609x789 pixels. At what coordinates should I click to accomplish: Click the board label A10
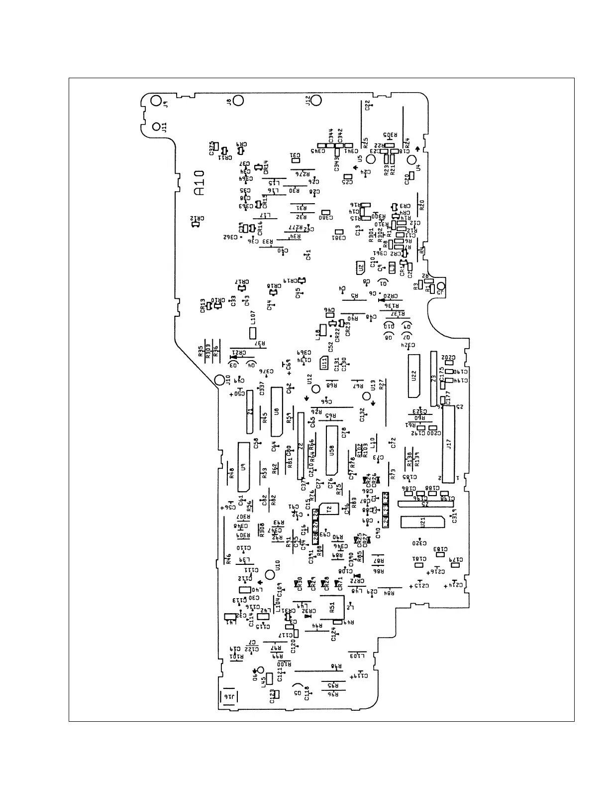199,183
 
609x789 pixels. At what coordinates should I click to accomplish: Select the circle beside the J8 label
238,100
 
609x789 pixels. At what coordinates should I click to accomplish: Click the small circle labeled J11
156,126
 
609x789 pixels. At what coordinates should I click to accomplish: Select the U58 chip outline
332,450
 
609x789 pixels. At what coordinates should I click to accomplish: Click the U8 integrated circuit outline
277,412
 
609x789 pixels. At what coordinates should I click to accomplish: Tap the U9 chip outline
243,466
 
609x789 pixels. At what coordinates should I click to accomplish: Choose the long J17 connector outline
449,444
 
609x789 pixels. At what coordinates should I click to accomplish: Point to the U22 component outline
414,376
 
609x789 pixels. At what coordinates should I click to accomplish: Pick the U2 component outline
360,268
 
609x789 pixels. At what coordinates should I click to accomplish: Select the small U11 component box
324,363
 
